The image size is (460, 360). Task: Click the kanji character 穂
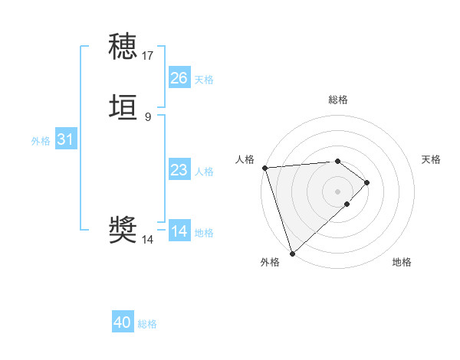pos(123,47)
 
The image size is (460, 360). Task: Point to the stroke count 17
pos(148,56)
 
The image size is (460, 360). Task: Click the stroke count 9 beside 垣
pos(148,116)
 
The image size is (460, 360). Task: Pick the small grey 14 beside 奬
pos(148,240)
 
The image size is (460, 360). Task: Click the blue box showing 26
pos(179,78)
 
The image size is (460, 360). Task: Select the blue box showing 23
pos(179,170)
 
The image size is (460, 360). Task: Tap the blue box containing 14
pos(179,231)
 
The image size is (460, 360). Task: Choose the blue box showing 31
pos(66,139)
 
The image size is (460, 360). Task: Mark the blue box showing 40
pos(123,322)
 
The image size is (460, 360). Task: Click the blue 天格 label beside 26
pos(204,80)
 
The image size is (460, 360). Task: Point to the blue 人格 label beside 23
pos(204,172)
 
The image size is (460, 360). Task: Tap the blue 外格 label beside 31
pos(41,141)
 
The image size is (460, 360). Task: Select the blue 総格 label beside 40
pos(147,324)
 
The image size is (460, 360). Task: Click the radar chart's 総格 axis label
pos(338,100)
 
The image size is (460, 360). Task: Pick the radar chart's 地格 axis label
pos(402,263)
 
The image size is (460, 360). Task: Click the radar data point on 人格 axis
pos(264,168)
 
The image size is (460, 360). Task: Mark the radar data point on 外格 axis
pos(292,252)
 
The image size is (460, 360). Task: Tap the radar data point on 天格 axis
pos(367,182)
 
